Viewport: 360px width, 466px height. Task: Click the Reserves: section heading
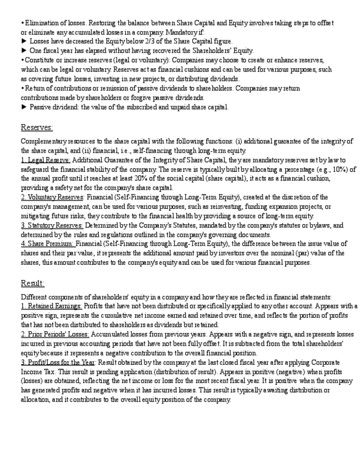pos(37,127)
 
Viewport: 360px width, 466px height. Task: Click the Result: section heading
pos(32,283)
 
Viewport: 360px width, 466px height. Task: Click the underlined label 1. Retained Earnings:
pos(51,306)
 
